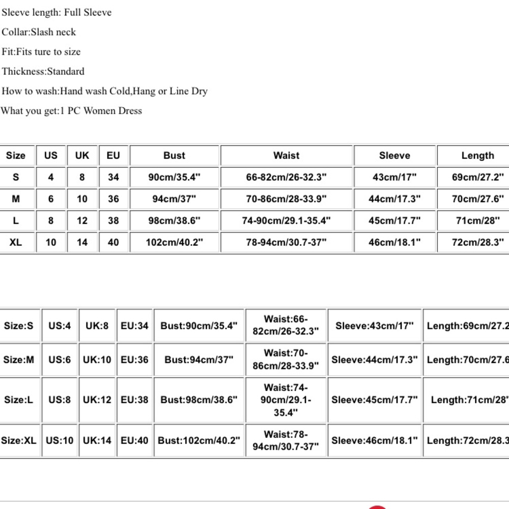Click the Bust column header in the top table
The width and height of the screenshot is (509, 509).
pyautogui.click(x=174, y=156)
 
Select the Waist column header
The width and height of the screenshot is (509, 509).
pyautogui.click(x=287, y=156)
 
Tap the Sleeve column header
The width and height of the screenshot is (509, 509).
pyautogui.click(x=394, y=156)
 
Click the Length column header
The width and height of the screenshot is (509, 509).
pyautogui.click(x=477, y=156)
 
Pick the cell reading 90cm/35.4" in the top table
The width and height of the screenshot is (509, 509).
pyautogui.click(x=174, y=178)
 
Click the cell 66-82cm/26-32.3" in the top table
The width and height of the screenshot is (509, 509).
pyautogui.click(x=287, y=178)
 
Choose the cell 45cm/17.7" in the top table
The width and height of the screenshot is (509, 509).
pyautogui.click(x=394, y=221)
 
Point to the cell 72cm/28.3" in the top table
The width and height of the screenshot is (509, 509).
pyautogui.click(x=477, y=242)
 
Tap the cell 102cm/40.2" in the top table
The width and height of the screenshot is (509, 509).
pyautogui.click(x=174, y=242)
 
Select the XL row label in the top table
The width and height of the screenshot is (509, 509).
pyautogui.click(x=16, y=242)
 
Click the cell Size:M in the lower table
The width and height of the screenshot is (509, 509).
pyautogui.click(x=19, y=360)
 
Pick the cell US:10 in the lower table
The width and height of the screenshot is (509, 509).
pyautogui.click(x=60, y=440)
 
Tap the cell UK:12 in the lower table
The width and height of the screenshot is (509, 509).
pyautogui.click(x=97, y=400)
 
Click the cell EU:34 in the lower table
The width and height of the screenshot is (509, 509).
pyautogui.click(x=134, y=326)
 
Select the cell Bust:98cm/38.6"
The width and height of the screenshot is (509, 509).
pyautogui.click(x=199, y=400)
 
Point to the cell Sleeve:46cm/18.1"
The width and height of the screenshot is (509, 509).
pyautogui.click(x=375, y=440)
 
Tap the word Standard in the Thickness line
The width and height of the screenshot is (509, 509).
pyautogui.click(x=66, y=72)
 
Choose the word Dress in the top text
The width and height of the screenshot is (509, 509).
pyautogui.click(x=130, y=111)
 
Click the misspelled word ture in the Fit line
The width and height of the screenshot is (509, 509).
pyautogui.click(x=43, y=52)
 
